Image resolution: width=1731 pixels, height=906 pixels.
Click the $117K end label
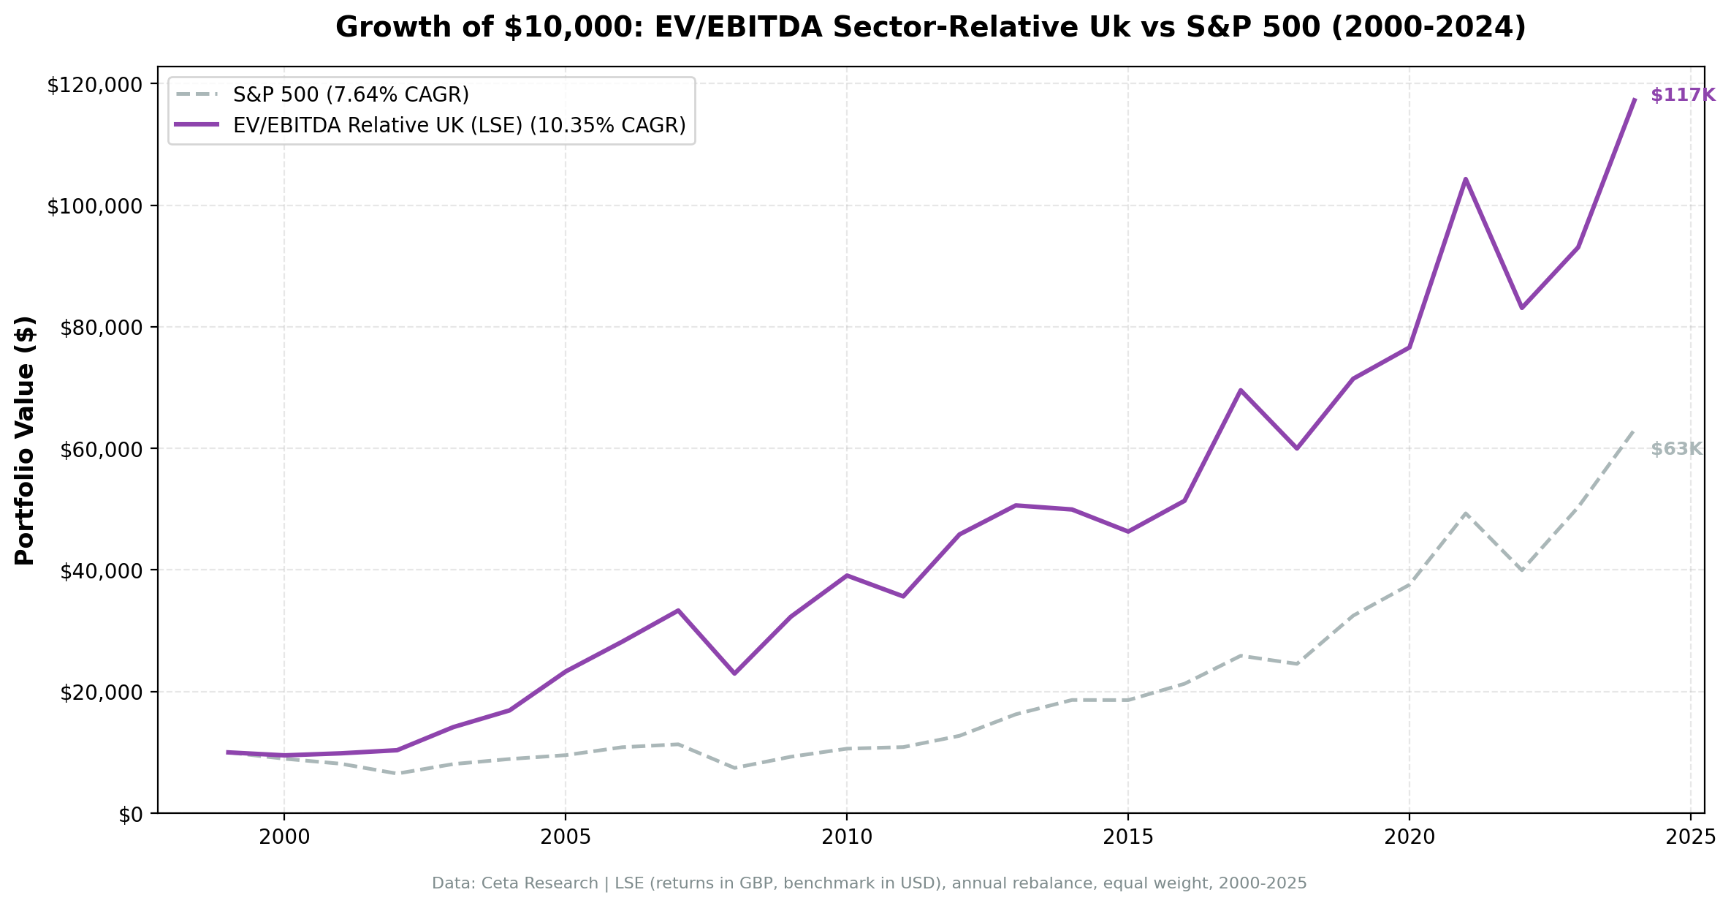1682,95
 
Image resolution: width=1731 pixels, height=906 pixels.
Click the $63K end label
1676,449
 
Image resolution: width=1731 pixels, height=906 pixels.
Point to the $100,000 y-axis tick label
94,206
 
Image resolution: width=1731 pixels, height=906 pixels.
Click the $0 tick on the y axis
131,815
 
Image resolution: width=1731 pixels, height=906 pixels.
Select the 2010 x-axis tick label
846,838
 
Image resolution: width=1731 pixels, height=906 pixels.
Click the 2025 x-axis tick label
1690,838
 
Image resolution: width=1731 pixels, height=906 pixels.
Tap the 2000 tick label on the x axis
284,838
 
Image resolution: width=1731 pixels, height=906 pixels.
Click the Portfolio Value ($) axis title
25,440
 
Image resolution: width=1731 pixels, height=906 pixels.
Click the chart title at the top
930,28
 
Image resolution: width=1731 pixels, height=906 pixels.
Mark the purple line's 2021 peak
1465,179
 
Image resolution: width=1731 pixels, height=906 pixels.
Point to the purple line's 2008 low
734,673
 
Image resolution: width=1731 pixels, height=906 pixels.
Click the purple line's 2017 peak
1240,390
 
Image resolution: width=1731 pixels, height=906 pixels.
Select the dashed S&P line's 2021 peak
1465,513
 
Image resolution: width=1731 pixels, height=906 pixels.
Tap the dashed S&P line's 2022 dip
1521,570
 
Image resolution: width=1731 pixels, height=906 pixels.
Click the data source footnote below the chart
869,883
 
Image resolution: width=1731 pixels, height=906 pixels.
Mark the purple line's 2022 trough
1521,307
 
